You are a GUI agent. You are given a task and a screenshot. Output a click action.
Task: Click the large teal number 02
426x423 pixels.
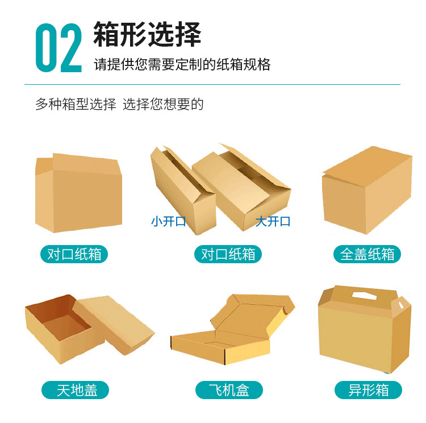[x=59, y=48]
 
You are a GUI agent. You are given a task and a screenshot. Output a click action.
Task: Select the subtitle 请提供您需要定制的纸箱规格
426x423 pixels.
[x=182, y=64]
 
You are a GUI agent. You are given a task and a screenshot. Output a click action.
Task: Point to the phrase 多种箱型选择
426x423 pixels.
[x=76, y=104]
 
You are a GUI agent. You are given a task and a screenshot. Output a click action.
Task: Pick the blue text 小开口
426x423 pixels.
[x=169, y=221]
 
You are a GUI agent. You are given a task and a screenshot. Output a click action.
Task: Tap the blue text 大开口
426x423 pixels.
[x=273, y=221]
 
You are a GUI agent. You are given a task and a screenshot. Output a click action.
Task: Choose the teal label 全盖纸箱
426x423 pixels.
[x=367, y=254]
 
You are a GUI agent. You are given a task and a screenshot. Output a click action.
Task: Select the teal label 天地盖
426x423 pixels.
[x=77, y=390]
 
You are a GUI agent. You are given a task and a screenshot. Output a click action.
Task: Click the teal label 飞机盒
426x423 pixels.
[x=229, y=390]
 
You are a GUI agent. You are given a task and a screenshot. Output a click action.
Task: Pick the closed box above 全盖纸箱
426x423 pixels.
[x=366, y=190]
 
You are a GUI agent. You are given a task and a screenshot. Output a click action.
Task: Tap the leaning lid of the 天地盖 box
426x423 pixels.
[x=114, y=324]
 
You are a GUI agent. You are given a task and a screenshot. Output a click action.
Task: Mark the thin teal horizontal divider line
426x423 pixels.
[x=212, y=85]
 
